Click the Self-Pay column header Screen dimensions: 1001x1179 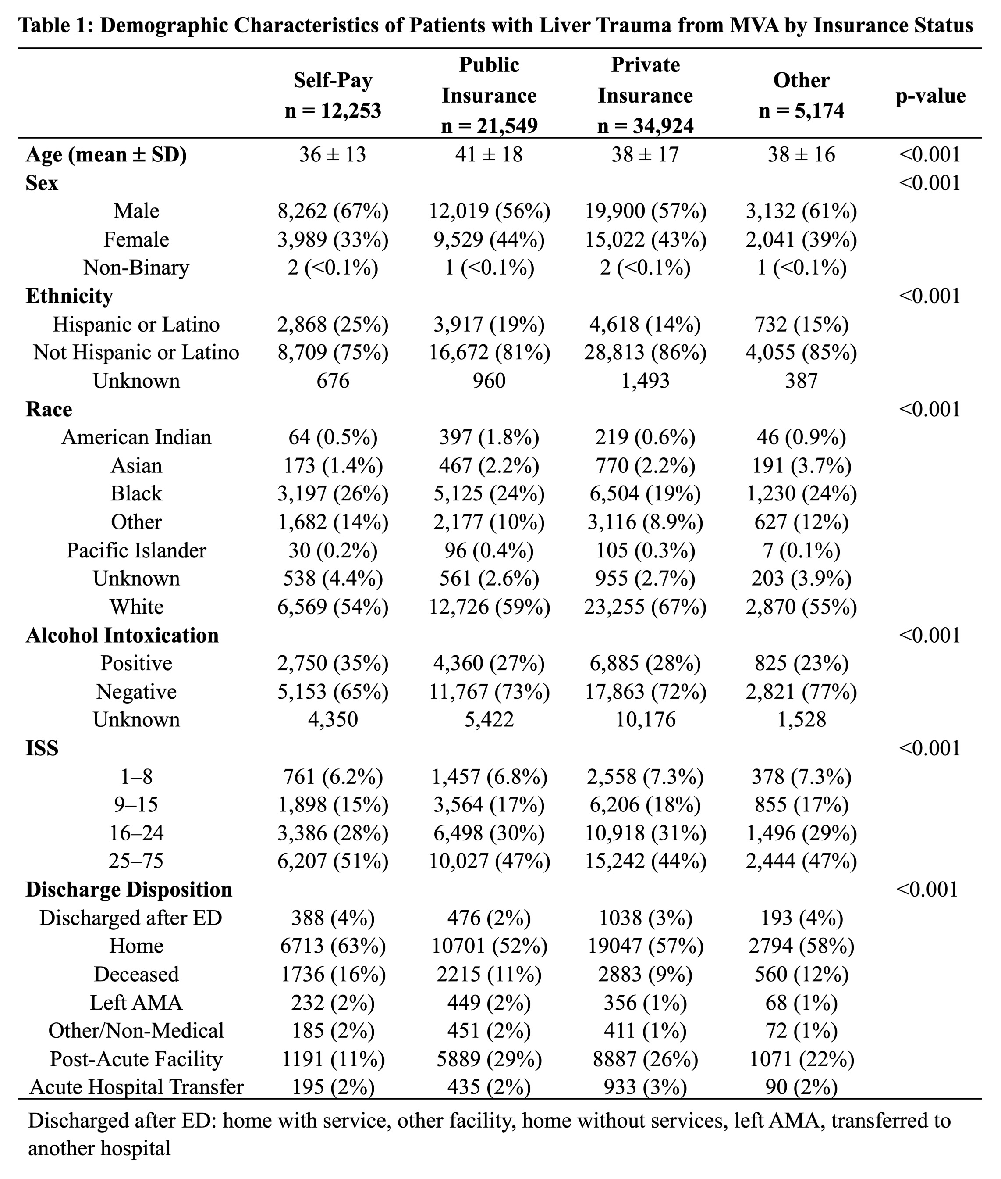[333, 95]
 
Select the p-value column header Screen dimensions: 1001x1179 [930, 96]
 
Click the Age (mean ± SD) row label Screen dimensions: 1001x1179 [106, 154]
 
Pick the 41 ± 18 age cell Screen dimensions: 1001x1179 [489, 154]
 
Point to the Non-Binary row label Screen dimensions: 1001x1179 [136, 268]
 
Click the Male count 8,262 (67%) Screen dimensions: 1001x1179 [333, 211]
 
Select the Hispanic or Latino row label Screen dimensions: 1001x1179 [136, 324]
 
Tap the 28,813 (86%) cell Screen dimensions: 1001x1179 [645, 353]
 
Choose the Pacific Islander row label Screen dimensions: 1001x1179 [136, 550]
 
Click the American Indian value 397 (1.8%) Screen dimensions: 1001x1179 [489, 437]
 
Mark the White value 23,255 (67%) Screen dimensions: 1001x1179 [645, 607]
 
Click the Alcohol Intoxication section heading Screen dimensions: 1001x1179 [122, 635]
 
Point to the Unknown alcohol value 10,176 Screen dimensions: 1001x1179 [645, 720]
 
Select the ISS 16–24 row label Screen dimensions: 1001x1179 [136, 833]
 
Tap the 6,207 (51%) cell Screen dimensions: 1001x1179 [333, 861]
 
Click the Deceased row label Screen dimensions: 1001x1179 [136, 974]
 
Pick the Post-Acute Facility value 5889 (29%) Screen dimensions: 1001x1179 [489, 1059]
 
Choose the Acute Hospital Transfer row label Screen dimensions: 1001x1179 [136, 1086]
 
